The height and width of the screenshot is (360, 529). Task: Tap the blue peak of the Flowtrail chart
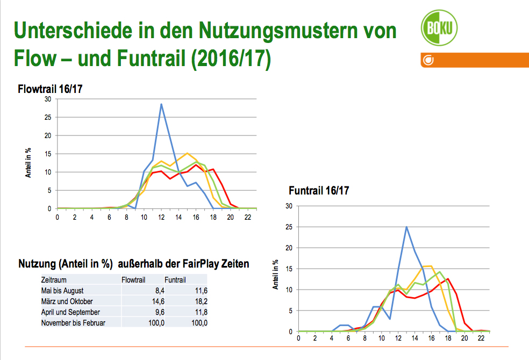[x=161, y=104]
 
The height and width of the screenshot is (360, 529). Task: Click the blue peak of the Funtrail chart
[x=406, y=227]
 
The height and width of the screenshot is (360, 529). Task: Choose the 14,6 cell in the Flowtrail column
[x=145, y=301]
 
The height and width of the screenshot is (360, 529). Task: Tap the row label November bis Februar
[x=73, y=323]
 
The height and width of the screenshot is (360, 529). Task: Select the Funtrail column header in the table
[x=175, y=280]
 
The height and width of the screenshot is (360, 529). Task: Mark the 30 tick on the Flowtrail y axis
[x=48, y=99]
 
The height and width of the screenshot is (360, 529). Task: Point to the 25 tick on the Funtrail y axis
[x=289, y=227]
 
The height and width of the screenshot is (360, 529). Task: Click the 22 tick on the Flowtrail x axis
[x=247, y=217]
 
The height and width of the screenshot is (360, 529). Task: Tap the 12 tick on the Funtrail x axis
[x=398, y=339]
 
